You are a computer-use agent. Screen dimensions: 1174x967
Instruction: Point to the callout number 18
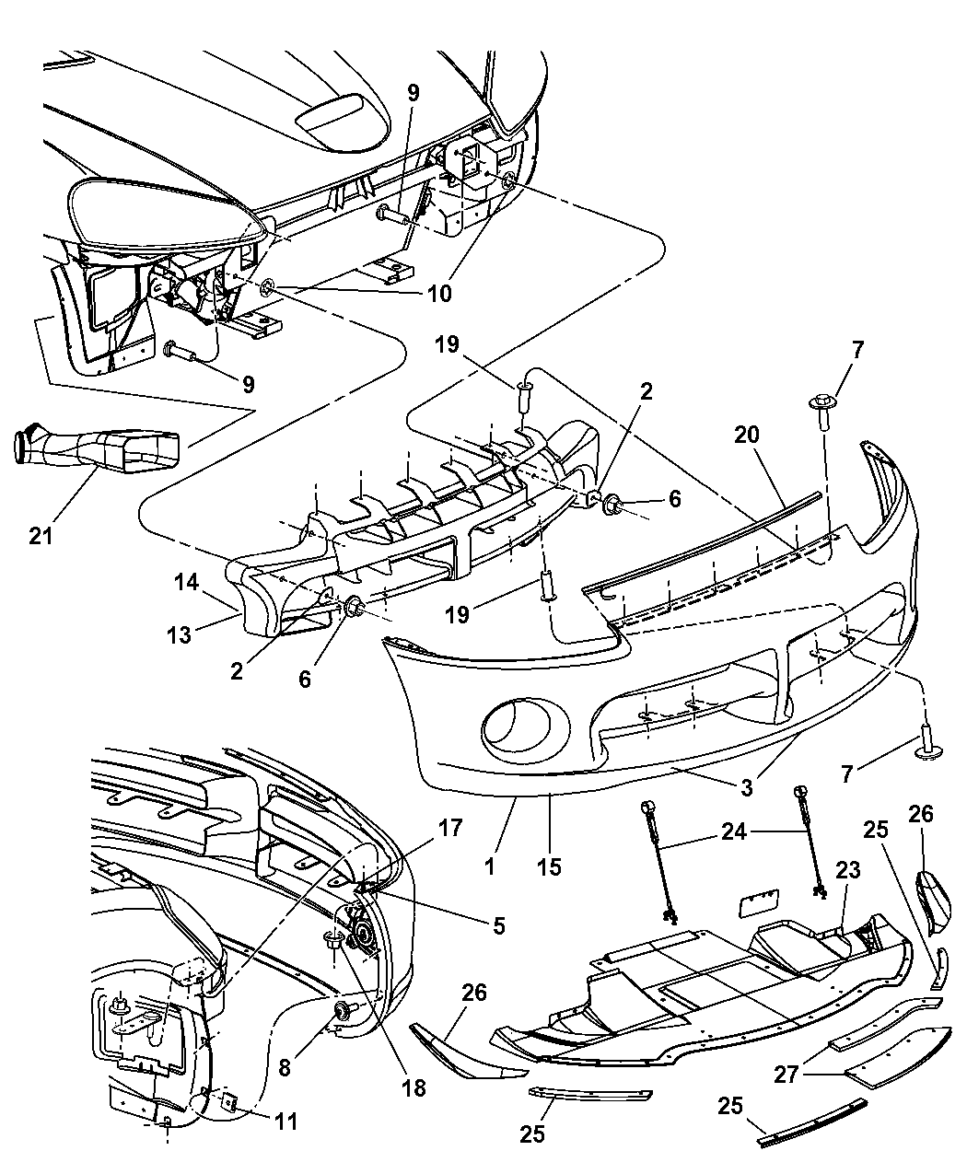click(414, 1087)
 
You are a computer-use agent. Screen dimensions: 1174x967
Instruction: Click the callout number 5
click(498, 925)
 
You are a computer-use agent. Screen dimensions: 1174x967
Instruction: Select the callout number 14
click(185, 583)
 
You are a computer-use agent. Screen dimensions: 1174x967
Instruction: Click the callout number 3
click(746, 787)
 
